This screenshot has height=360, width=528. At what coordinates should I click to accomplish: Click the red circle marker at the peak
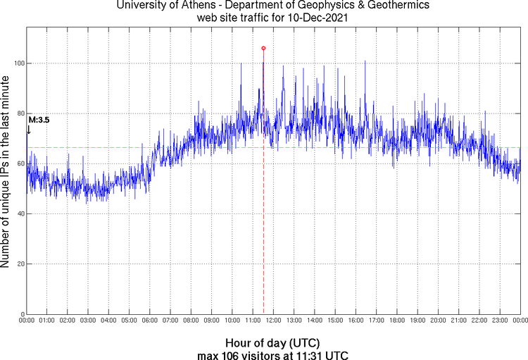pos(263,48)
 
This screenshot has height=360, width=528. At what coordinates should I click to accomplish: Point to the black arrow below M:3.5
pos(29,129)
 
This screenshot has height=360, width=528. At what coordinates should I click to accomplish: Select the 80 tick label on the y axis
pos(19,113)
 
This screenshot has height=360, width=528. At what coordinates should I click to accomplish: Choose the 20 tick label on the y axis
pos(19,264)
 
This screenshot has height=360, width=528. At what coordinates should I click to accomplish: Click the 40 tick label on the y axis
pos(19,214)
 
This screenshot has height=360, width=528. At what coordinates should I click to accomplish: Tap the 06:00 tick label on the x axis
pos(149,321)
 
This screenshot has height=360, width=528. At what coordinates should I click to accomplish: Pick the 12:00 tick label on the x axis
pos(273,321)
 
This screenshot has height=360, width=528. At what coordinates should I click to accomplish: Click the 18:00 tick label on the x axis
pos(396,321)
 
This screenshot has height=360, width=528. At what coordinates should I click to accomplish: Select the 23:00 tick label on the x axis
pos(499,321)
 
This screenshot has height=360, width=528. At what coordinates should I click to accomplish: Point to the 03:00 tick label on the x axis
pos(88,321)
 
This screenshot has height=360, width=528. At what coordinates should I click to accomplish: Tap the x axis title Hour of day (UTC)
pos(272,342)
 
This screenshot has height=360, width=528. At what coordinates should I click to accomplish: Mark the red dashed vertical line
pos(263,211)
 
